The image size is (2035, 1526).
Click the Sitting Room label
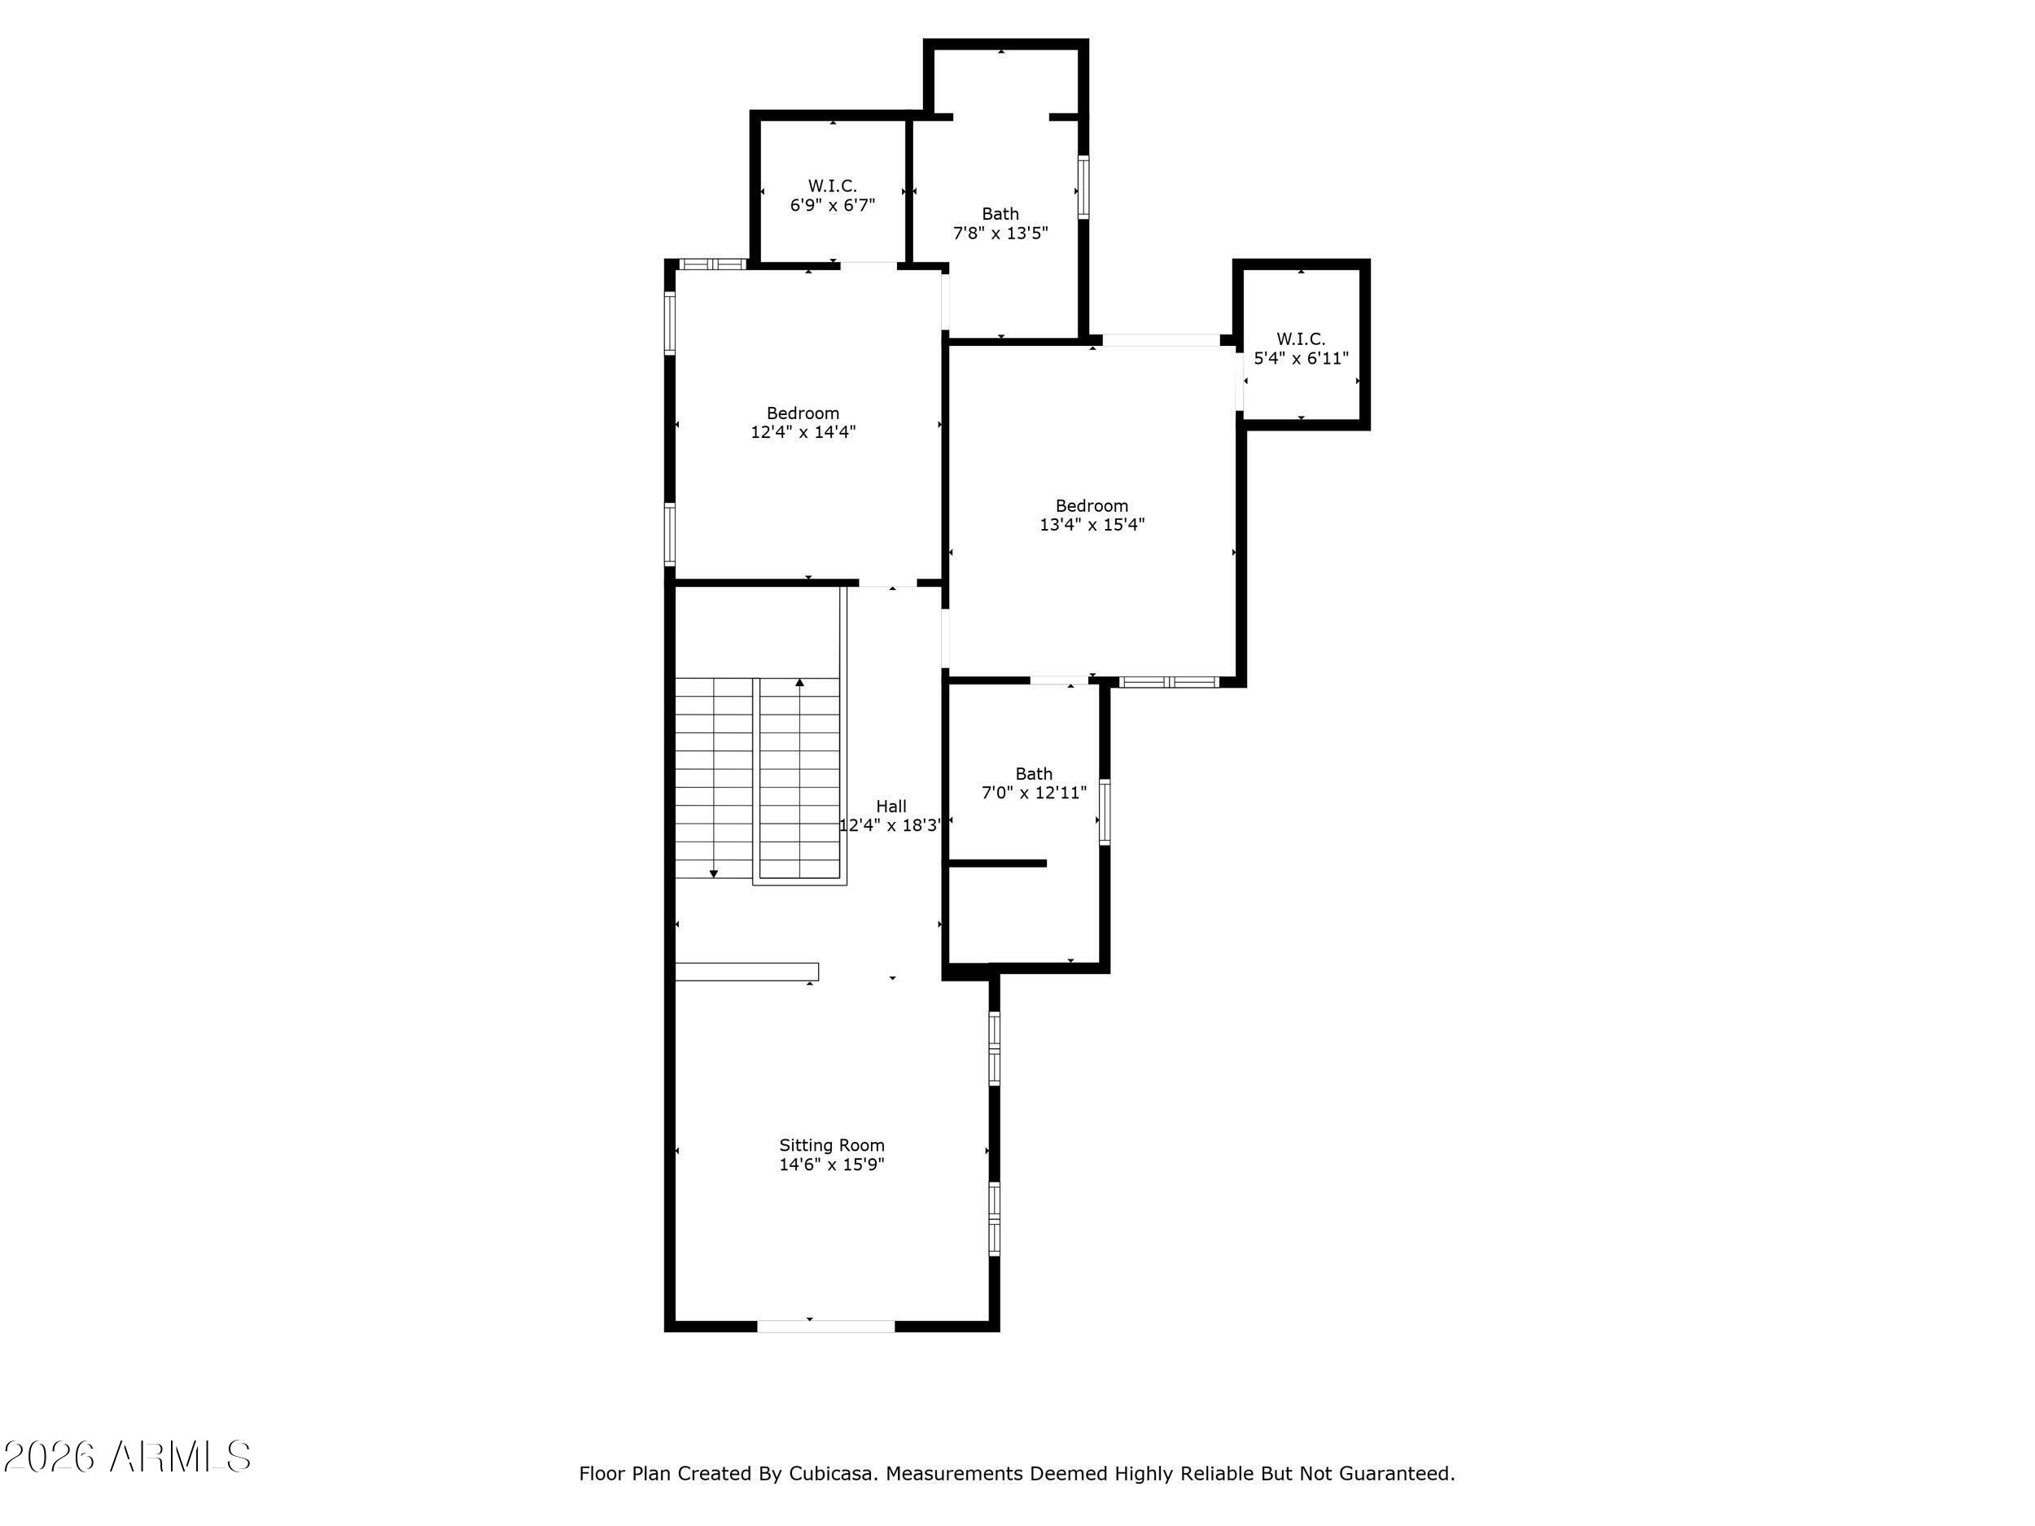pos(832,1145)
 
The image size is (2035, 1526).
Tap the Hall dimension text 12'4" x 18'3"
pos(891,826)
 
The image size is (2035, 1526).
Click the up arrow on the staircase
pos(799,683)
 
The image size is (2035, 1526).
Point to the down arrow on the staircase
pos(714,873)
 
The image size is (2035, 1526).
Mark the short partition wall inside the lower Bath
pos(997,863)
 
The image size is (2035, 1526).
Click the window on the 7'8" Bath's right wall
pos(1083,188)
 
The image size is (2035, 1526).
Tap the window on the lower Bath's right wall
pos(1105,811)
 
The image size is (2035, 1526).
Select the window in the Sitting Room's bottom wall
pos(825,1326)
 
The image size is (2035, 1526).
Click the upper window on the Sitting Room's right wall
pos(995,1048)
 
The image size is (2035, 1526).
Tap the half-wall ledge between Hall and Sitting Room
pos(747,971)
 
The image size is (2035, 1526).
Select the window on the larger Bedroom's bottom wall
pos(1168,681)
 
